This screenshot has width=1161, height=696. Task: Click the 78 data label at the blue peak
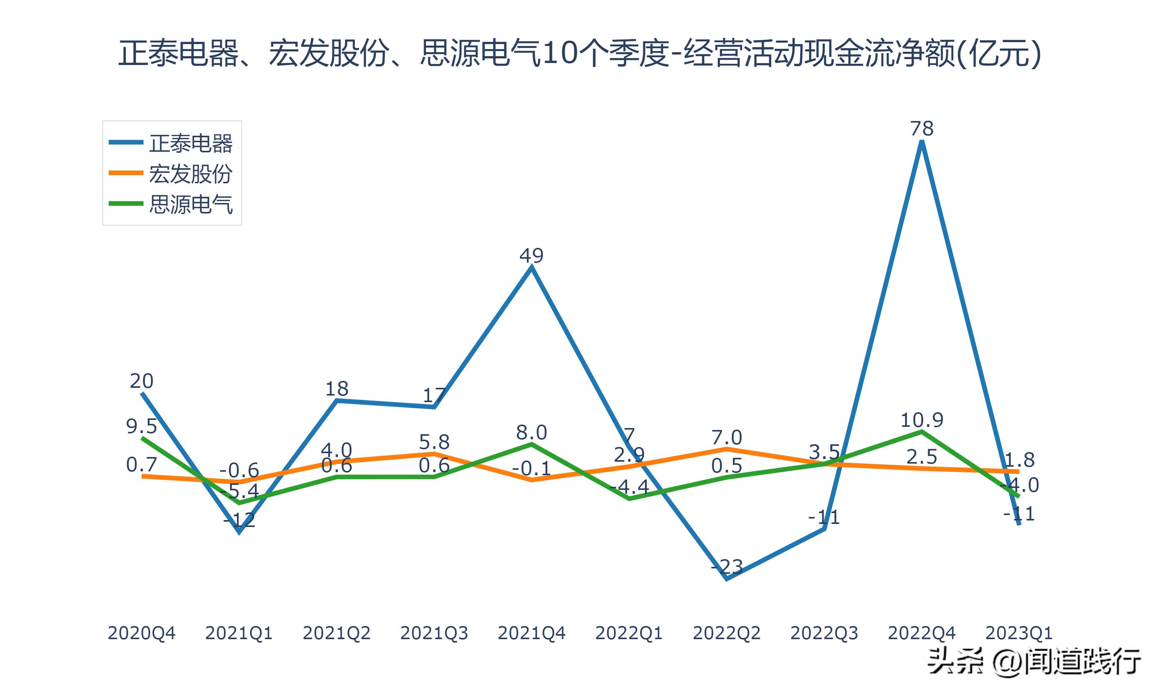point(922,128)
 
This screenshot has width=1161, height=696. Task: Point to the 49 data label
point(531,256)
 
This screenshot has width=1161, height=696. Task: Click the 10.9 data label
point(922,420)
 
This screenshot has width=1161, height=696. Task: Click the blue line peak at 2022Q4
point(922,143)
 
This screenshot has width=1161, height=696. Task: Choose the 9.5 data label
point(141,427)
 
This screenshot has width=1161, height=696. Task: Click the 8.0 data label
point(531,432)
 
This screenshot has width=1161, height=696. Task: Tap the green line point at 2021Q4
point(531,444)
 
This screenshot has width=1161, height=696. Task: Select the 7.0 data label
point(726,438)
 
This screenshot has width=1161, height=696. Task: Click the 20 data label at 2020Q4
point(141,381)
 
